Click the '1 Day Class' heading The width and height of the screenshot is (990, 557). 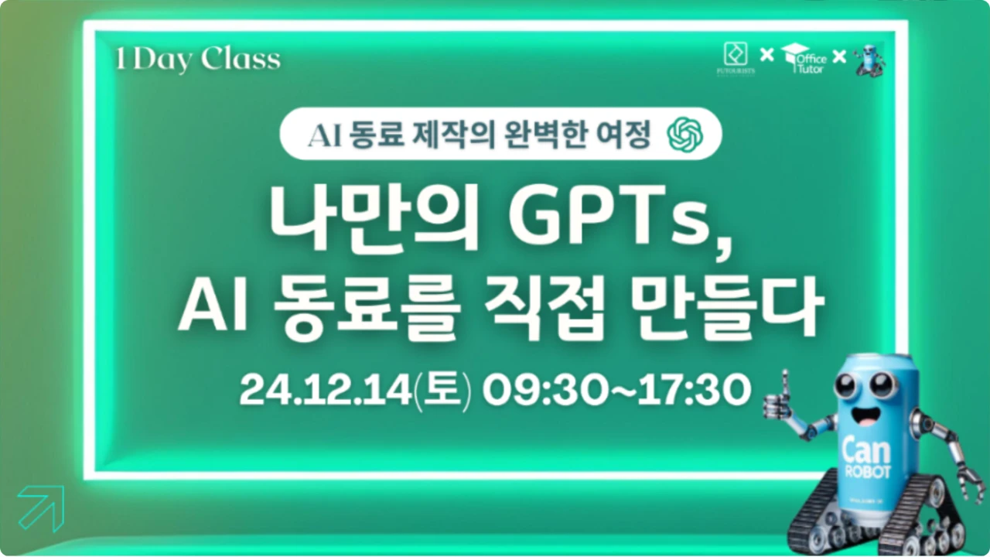tap(198, 60)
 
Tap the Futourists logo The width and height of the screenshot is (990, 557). tap(736, 59)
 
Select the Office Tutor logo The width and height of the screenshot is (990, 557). tap(804, 58)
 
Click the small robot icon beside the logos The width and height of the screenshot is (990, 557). tap(869, 60)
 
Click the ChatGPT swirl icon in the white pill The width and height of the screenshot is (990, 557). tap(685, 135)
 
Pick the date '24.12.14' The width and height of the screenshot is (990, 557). tap(326, 389)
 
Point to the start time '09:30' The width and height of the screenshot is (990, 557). tap(544, 389)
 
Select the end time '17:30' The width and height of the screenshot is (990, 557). tap(695, 389)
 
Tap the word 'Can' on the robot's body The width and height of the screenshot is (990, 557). tap(866, 451)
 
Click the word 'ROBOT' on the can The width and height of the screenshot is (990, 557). tap(868, 472)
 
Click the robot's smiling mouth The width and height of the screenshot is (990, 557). tap(865, 415)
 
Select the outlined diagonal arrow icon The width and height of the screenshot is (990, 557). tap(42, 508)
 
